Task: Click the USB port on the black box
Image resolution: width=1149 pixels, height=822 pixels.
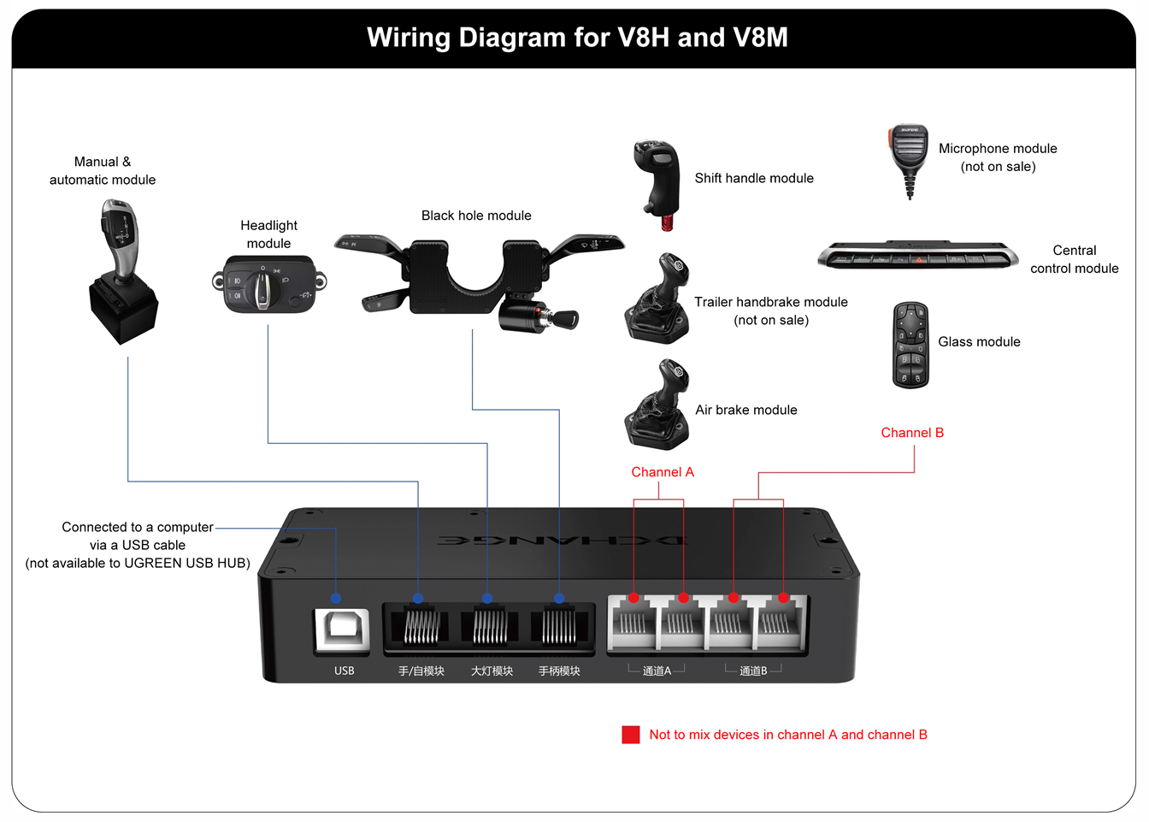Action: (343, 630)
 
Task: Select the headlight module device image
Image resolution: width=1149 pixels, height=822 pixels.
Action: (268, 285)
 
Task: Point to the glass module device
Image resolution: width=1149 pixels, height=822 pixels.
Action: (910, 345)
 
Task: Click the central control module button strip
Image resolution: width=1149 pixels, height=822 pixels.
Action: (917, 256)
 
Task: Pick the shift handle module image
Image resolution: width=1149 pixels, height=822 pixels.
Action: (657, 182)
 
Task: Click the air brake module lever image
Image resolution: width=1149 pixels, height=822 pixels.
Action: (658, 405)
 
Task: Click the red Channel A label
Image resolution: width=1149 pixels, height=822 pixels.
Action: (663, 472)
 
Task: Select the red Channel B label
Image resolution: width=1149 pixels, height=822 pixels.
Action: (912, 433)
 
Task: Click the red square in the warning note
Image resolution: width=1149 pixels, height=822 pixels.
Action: (631, 735)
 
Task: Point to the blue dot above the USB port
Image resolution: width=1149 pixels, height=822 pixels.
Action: (336, 598)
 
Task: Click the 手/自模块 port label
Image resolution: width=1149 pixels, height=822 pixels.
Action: (421, 671)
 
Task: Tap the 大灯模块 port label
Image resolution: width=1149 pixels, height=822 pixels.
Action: (492, 671)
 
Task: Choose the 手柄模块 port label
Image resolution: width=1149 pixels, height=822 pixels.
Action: (559, 671)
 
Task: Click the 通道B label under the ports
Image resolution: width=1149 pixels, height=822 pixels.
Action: (753, 671)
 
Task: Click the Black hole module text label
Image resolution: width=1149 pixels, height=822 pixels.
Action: (476, 216)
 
